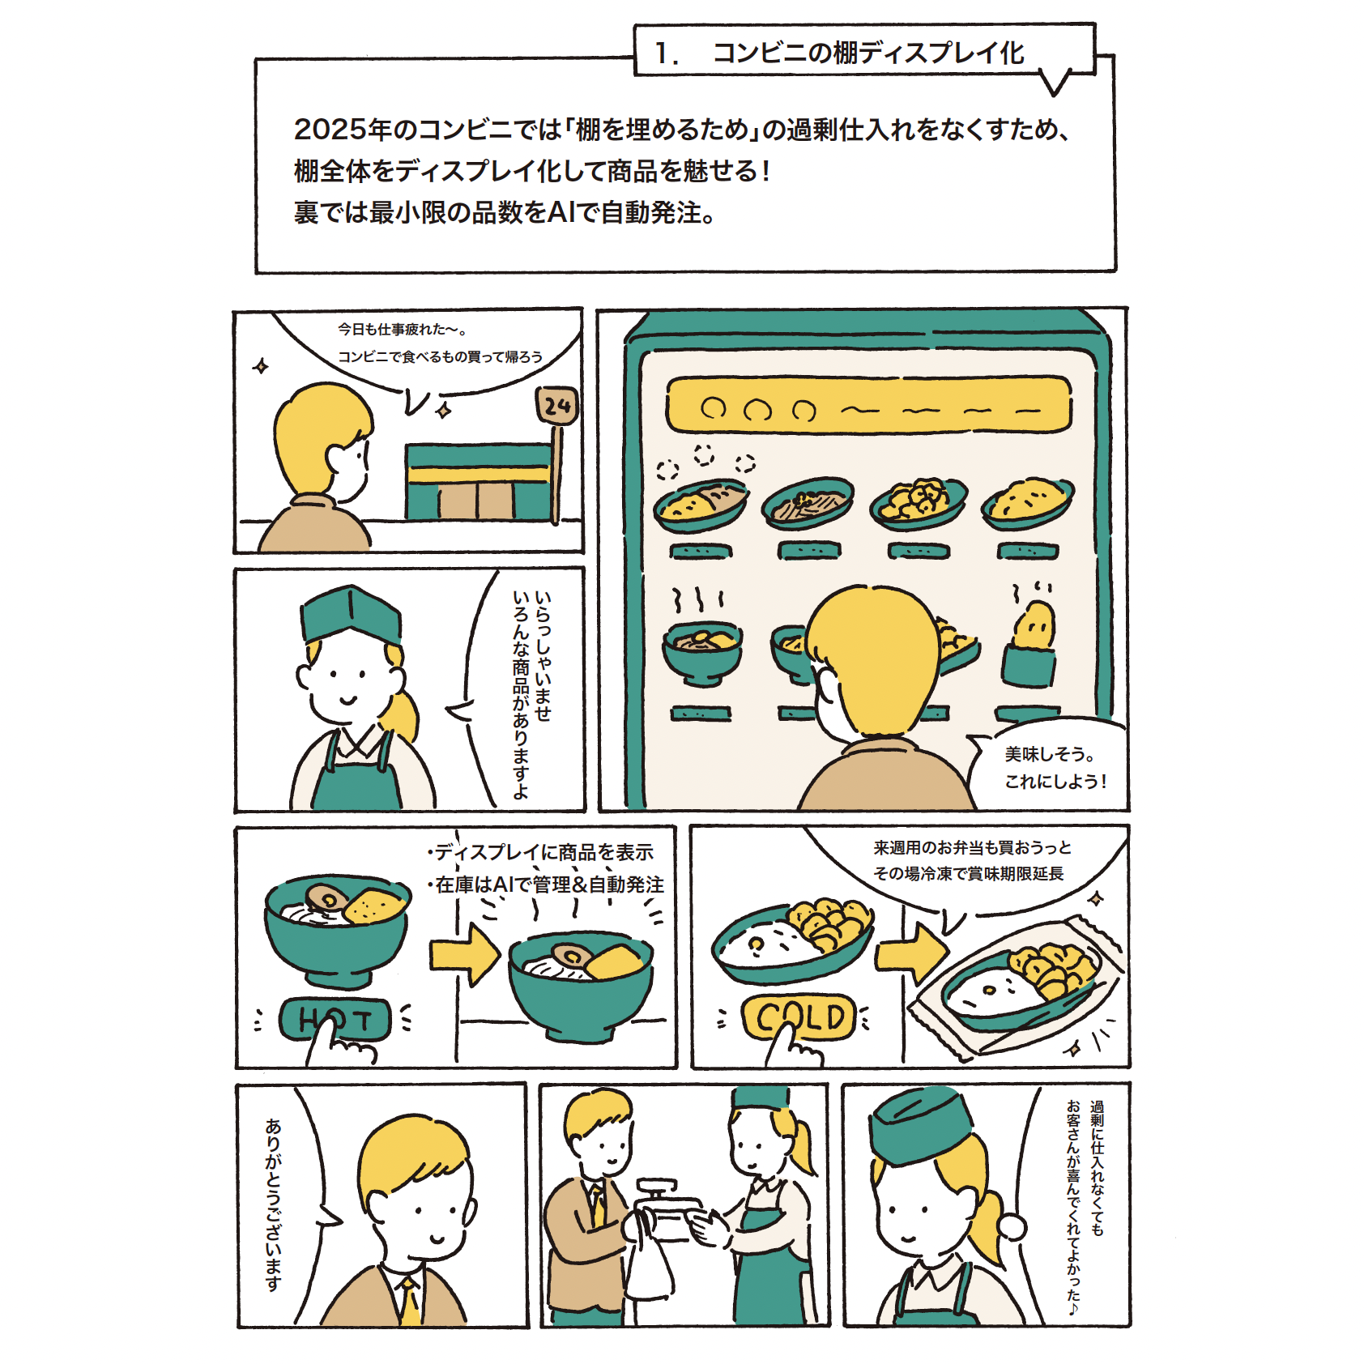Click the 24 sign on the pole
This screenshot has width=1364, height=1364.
click(556, 405)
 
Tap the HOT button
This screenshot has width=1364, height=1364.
click(335, 1019)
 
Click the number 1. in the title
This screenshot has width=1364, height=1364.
click(667, 53)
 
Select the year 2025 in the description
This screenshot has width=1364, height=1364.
click(330, 130)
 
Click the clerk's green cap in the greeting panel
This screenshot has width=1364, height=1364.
click(351, 613)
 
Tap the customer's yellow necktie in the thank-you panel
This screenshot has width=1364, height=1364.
click(410, 1299)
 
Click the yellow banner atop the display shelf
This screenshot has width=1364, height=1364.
click(868, 404)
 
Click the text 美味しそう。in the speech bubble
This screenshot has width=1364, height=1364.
click(1050, 754)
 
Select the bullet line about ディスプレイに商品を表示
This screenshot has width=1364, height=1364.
click(540, 852)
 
